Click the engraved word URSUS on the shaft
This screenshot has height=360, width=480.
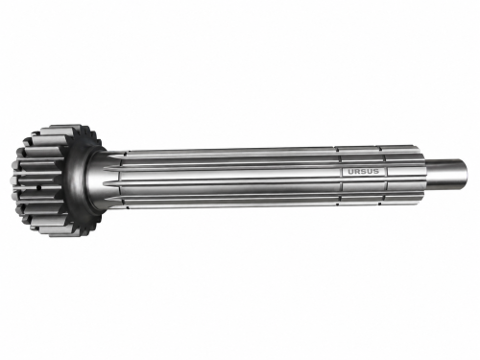[363, 172]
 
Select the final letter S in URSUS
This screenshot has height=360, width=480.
[376, 172]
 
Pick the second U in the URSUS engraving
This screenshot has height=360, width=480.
[370, 172]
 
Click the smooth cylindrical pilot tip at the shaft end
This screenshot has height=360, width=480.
[445, 173]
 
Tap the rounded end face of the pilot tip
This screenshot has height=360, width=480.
[465, 173]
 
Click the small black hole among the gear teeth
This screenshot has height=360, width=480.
[38, 188]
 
